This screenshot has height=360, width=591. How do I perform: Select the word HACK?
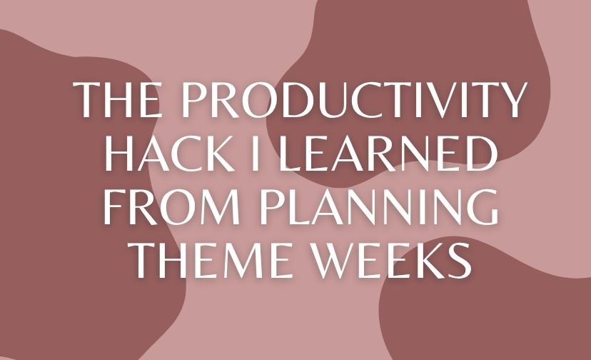pyautogui.click(x=172, y=154)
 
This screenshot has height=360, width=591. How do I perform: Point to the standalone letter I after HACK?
pyautogui.click(x=256, y=154)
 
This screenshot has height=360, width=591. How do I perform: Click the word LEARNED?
pyautogui.click(x=383, y=154)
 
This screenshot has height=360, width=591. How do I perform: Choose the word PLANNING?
pyautogui.click(x=379, y=207)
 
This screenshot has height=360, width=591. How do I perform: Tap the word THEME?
pyautogui.click(x=209, y=261)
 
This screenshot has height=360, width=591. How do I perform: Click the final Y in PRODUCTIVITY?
pyautogui.click(x=511, y=99)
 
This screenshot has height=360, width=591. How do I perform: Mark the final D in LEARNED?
pyautogui.click(x=476, y=154)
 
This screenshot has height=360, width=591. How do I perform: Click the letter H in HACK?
pyautogui.click(x=121, y=154)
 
